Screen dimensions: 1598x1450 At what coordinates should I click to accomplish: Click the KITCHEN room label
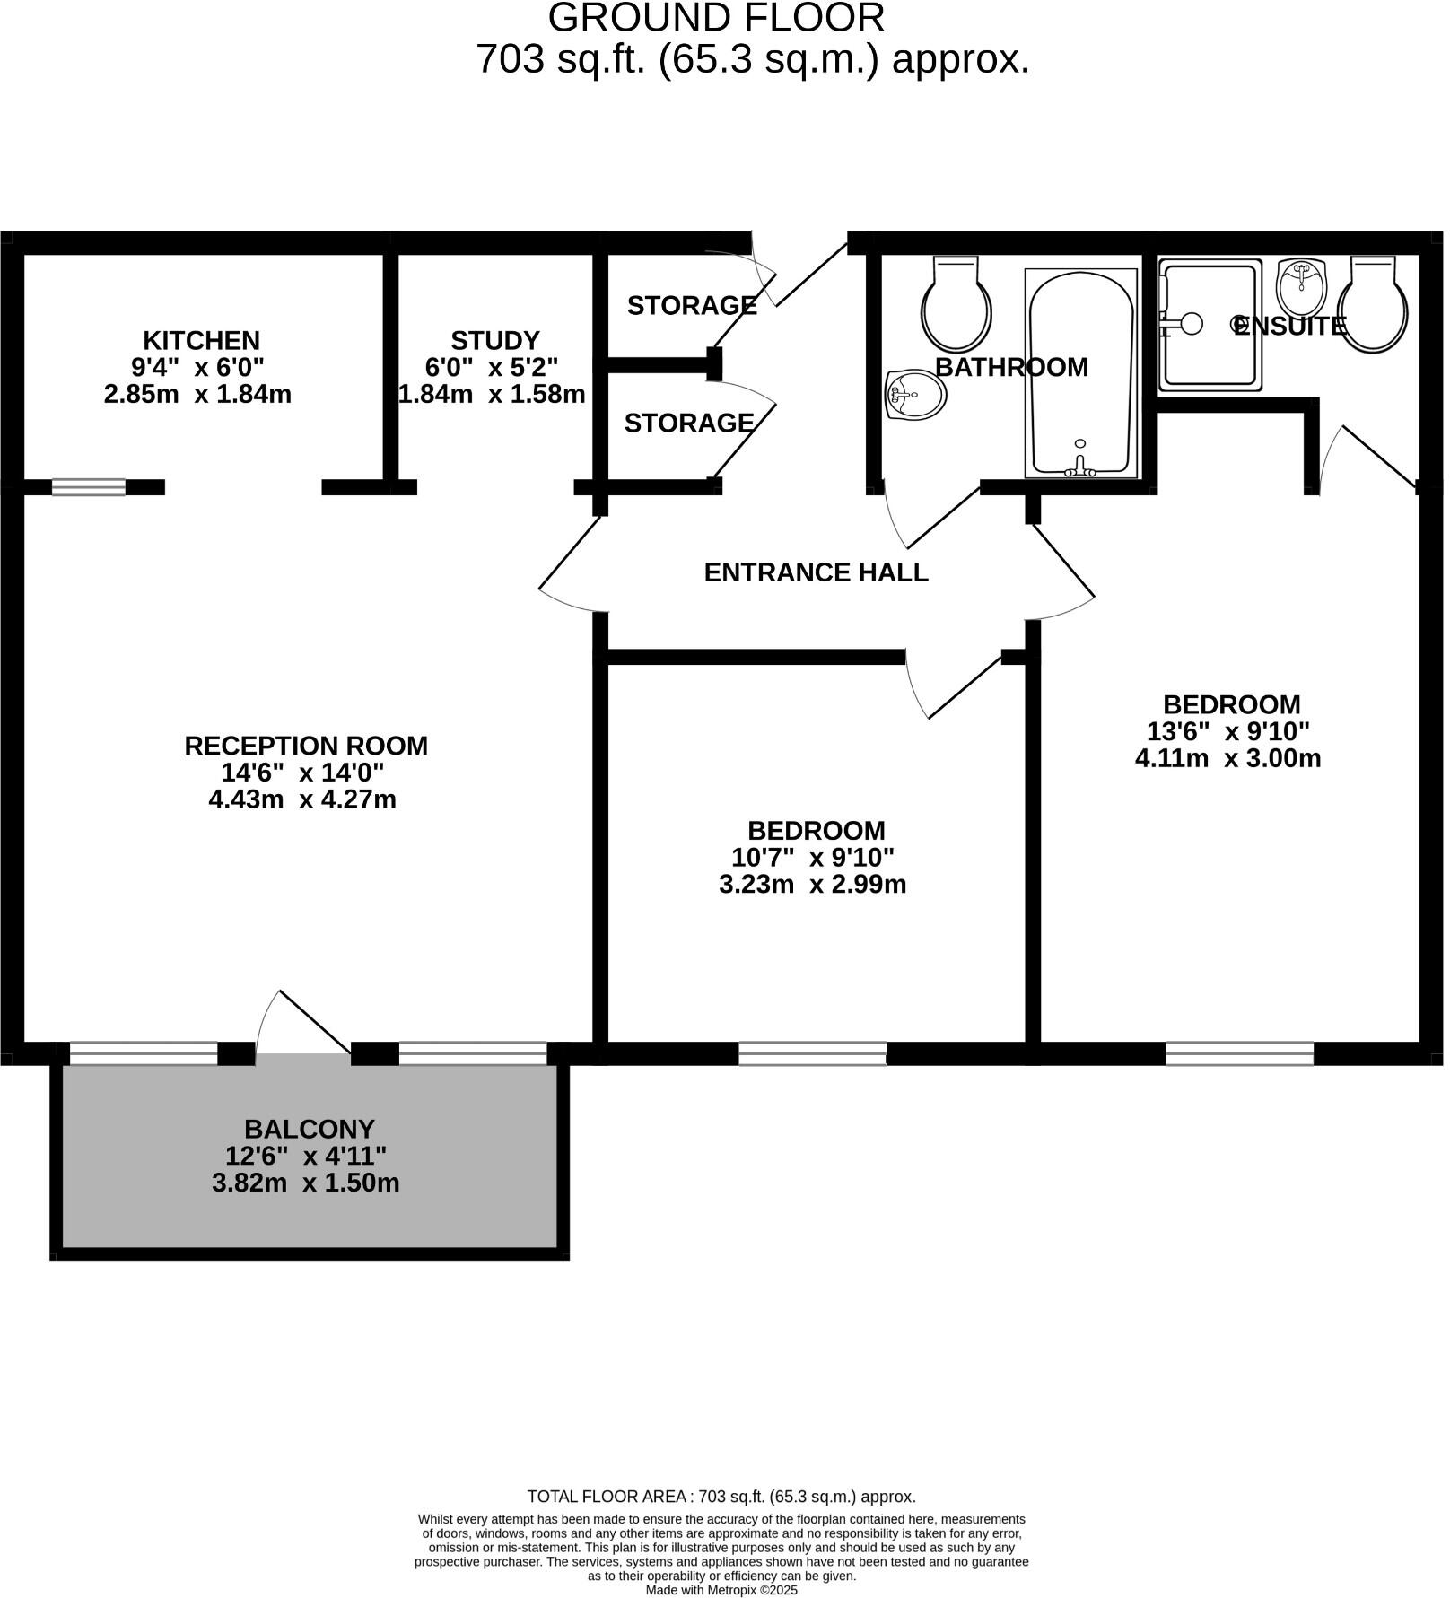pos(201,341)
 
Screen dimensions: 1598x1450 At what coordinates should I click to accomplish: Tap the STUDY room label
pos(494,341)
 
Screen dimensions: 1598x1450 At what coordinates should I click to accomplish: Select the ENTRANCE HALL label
pos(816,572)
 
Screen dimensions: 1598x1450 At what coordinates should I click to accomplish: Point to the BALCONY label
pos(309,1129)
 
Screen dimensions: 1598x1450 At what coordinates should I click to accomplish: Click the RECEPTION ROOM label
pos(305,746)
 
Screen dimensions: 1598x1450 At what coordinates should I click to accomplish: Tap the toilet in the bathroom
pos(956,305)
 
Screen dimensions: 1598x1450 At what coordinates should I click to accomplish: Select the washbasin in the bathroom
pos(915,395)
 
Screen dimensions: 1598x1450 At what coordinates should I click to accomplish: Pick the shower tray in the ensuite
pos(1210,325)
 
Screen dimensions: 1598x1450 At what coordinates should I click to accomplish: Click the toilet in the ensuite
pos(1372,306)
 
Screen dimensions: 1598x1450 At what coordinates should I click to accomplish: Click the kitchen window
pos(88,487)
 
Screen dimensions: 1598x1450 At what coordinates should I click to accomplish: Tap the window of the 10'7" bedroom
pos(812,1053)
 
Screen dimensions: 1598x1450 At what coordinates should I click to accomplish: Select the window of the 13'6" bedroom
pos(1239,1053)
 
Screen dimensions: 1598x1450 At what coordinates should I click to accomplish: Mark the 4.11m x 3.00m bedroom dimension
pos(1227,759)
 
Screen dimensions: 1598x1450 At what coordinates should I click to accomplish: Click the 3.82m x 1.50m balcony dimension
pos(305,1183)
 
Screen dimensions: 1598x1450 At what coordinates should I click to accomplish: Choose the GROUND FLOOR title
pos(716,18)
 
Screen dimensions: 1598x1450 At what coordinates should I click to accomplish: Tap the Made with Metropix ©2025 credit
pos(721,1590)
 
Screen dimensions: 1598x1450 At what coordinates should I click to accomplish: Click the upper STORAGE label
pos(691,306)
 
